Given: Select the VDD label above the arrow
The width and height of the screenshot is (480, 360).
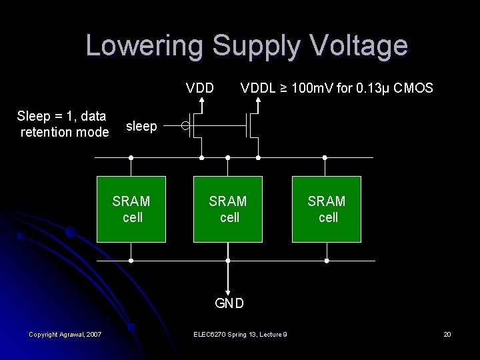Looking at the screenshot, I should pyautogui.click(x=200, y=88).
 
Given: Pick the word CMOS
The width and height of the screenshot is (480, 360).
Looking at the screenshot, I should pyautogui.click(x=413, y=88).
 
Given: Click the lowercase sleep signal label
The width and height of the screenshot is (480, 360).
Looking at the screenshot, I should pyautogui.click(x=141, y=126).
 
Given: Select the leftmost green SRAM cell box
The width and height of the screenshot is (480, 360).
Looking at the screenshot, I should pyautogui.click(x=131, y=209).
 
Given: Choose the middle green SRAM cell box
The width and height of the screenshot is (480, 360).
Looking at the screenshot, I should pyautogui.click(x=227, y=209).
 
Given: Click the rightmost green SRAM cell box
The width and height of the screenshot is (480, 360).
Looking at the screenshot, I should pyautogui.click(x=326, y=209).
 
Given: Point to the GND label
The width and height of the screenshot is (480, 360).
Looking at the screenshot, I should pyautogui.click(x=229, y=303).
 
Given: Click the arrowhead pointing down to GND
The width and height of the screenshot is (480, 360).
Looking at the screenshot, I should pyautogui.click(x=228, y=289).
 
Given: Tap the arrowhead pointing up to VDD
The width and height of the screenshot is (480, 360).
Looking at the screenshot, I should pyautogui.click(x=201, y=102).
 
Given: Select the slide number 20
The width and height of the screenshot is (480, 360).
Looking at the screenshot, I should pyautogui.click(x=447, y=334).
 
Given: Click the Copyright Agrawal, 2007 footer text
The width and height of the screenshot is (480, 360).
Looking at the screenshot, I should pyautogui.click(x=65, y=334).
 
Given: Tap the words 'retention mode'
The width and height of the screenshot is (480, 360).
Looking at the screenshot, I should pyautogui.click(x=65, y=132).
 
